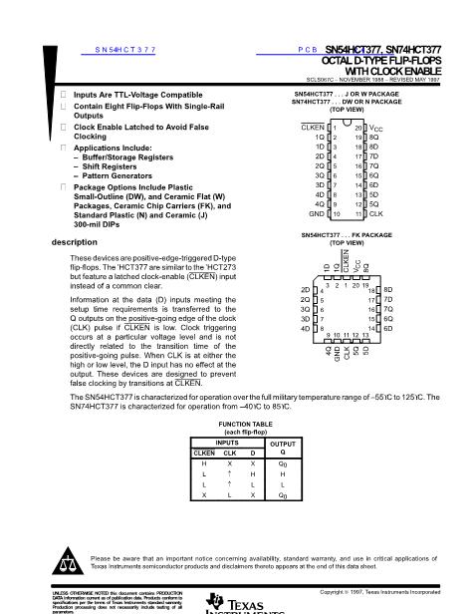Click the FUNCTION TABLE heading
[236, 423]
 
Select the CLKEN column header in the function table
[203, 452]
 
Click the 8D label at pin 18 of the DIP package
[374, 147]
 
